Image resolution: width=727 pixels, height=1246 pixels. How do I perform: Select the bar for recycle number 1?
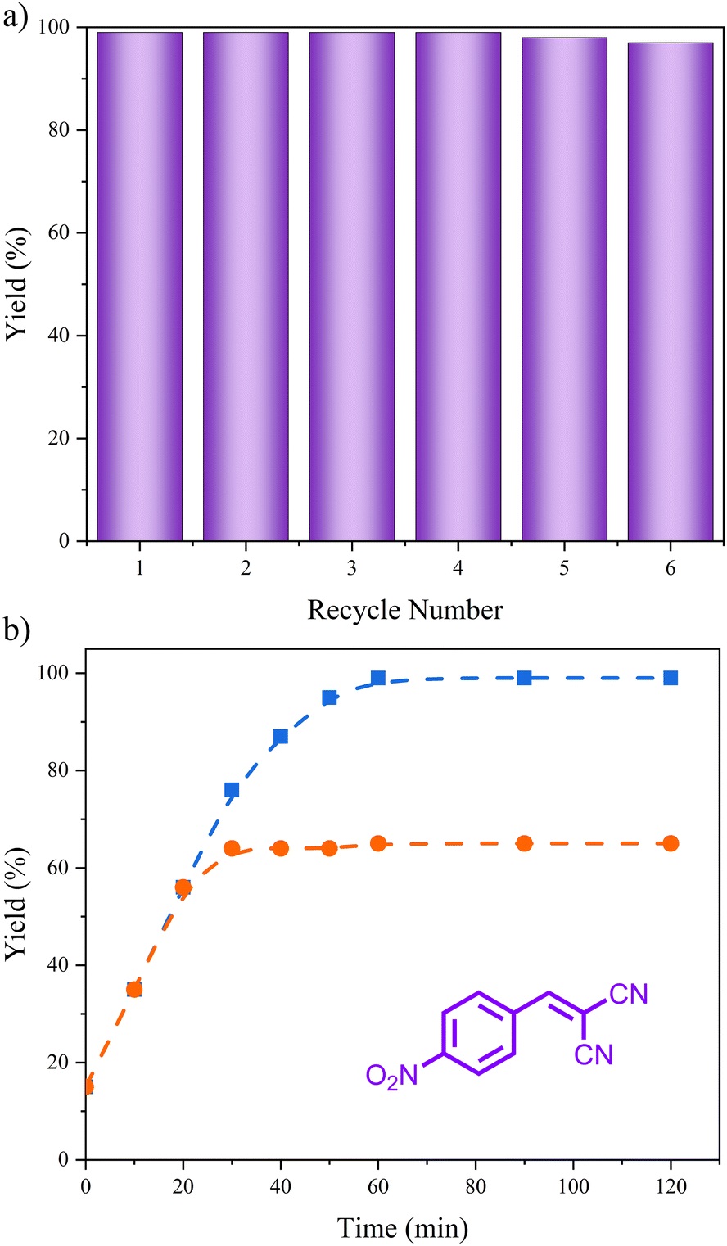(140, 287)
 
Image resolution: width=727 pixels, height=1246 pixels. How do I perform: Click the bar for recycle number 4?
(458, 287)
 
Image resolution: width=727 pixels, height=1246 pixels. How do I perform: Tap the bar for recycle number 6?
(670, 291)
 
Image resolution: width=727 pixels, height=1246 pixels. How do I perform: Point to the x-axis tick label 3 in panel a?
(352, 568)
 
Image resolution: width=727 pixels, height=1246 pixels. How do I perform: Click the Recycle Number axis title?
(405, 610)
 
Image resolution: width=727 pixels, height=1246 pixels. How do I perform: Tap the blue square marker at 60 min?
(378, 678)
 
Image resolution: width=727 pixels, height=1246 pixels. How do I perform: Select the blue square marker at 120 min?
(671, 678)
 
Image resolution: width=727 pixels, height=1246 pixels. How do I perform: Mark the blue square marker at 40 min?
(281, 736)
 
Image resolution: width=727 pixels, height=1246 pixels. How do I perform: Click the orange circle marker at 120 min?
(671, 843)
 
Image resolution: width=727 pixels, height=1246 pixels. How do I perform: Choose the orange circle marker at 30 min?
(232, 848)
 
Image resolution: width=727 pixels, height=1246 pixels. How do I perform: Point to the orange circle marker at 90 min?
(524, 843)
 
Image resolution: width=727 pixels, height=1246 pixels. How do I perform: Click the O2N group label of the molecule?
(391, 1075)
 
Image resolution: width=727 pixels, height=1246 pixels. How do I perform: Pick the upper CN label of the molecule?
(629, 995)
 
